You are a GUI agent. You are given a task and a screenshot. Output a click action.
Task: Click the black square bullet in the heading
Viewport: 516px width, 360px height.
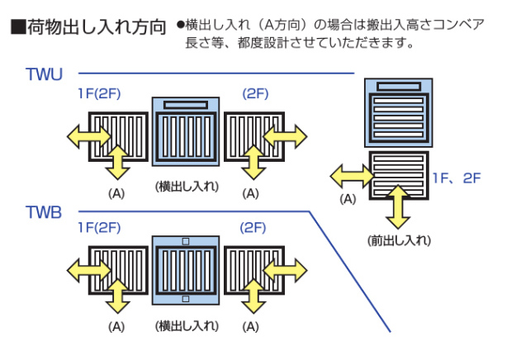[x=17, y=27]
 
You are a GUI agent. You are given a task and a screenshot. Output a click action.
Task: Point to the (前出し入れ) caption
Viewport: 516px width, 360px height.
[x=399, y=240]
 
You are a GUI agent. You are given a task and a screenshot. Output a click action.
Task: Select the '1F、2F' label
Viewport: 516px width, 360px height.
[x=456, y=178]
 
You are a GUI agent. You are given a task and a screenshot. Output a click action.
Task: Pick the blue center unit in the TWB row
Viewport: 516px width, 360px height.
[x=185, y=269]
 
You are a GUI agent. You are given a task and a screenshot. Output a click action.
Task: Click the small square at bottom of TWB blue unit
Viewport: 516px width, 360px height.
[x=186, y=299]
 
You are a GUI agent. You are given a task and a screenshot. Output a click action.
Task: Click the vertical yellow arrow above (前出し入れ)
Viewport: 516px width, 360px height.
[x=399, y=206]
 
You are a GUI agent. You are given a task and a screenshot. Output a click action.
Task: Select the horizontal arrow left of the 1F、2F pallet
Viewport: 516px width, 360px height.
[x=352, y=174]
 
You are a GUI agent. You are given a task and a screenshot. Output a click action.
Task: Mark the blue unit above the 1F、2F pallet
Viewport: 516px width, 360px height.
[x=399, y=113]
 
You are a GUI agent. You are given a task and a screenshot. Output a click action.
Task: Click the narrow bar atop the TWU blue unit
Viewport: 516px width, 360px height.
[x=185, y=105]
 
